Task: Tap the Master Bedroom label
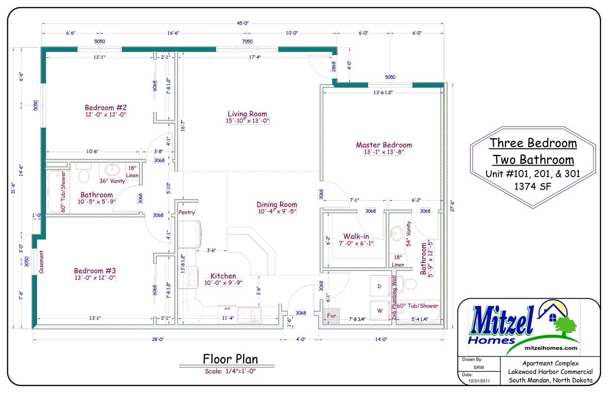[x=384, y=145]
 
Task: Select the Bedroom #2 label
[x=106, y=108]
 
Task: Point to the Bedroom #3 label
[x=94, y=271]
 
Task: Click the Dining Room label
[x=276, y=204]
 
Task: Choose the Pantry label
[x=187, y=213]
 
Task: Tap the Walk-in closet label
[x=356, y=236]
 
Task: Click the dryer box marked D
[x=379, y=286]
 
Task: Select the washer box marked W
[x=379, y=310]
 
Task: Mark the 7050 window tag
[x=247, y=42]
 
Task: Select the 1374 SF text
[x=533, y=186]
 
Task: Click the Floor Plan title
[x=230, y=359]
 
